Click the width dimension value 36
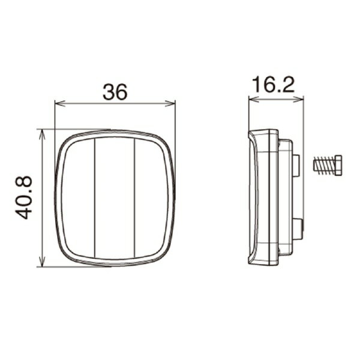coord(115,92)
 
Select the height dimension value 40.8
coord(26,197)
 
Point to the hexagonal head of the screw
coord(337,164)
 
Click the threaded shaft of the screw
coord(322,164)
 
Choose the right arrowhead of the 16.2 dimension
coord(300,100)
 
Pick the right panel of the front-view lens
coord(151,198)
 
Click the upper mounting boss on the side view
coord(297,164)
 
